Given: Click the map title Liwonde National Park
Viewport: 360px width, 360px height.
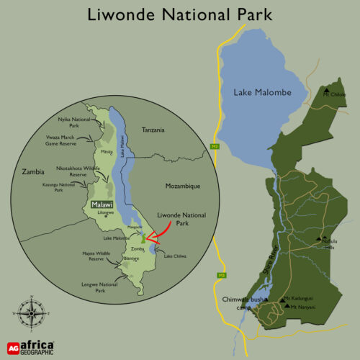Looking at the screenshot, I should (180, 14).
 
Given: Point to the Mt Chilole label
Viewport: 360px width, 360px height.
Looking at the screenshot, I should (334, 94).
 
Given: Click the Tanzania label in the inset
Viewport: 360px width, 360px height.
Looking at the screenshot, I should (153, 130).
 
